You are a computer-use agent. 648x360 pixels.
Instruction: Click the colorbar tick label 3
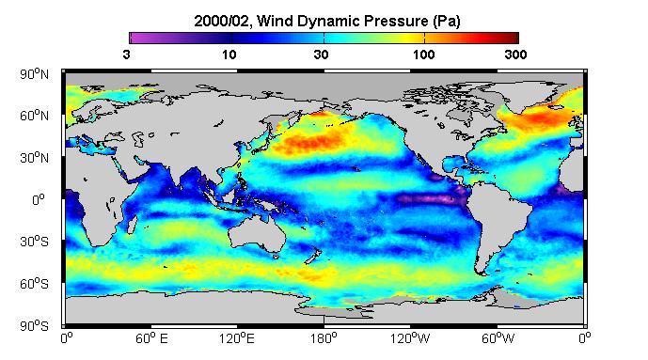pos(126,55)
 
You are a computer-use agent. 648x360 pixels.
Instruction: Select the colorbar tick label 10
pos(229,55)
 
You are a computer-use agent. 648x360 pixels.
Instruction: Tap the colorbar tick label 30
pos(321,55)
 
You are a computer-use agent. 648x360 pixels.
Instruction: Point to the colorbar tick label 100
pos(423,55)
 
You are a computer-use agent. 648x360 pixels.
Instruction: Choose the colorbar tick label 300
pos(515,55)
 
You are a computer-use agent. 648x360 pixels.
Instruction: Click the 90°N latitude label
pos(34,74)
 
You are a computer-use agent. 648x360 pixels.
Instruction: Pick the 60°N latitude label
pos(34,116)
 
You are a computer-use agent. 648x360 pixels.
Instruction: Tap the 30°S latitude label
pos(34,242)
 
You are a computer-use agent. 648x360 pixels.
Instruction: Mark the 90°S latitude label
pos(34,326)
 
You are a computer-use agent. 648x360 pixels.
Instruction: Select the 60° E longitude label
pos(151,339)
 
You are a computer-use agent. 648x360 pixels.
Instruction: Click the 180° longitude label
pos(324,339)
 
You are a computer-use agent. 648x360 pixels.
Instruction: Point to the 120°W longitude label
pos(410,339)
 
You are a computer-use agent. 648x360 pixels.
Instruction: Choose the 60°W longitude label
pos(498,339)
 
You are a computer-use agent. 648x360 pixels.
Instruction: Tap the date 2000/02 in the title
pos(222,21)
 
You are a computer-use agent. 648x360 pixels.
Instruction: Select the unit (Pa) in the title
pos(447,22)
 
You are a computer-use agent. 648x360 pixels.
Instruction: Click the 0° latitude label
pos(39,200)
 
